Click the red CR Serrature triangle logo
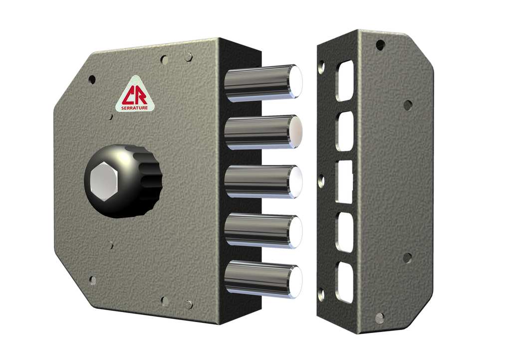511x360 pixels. pos(135,95)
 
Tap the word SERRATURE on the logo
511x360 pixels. pos(135,108)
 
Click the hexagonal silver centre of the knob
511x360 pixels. pos(103,181)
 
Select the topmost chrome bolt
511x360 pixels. pos(263,83)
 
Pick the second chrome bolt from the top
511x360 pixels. pos(263,132)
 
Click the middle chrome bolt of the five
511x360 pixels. pos(263,181)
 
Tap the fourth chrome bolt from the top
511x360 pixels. pos(263,231)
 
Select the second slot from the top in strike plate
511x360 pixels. pos(345,131)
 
